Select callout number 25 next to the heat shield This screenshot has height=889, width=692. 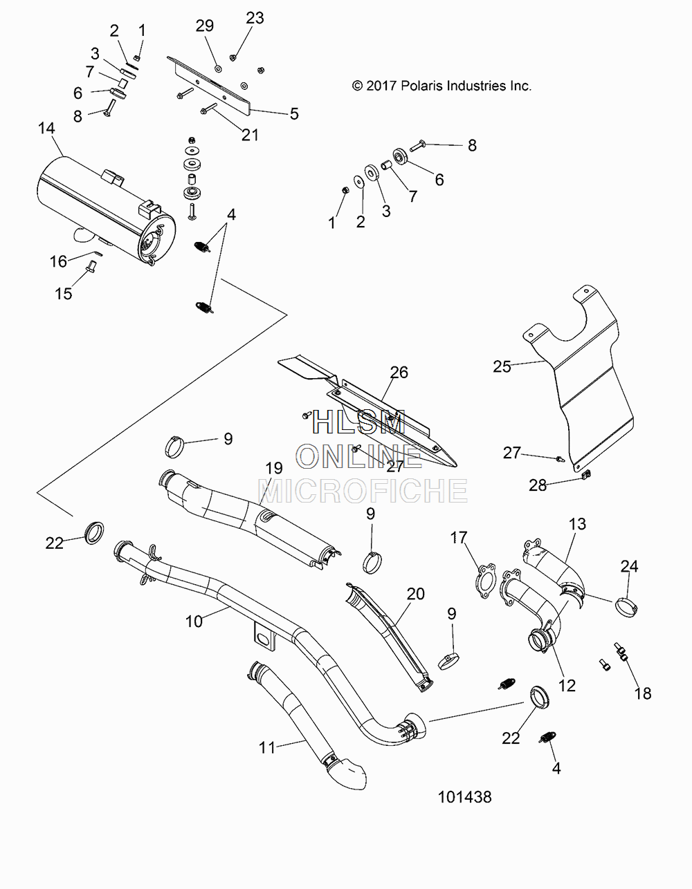(502, 366)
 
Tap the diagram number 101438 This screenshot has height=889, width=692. (465, 797)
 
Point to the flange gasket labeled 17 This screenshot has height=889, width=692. (485, 581)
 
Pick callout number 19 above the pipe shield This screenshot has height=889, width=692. (274, 467)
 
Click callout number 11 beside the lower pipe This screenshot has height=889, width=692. (267, 748)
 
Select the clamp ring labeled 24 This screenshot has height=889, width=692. (626, 608)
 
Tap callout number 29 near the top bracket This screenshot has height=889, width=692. (205, 26)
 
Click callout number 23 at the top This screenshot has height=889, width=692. (255, 18)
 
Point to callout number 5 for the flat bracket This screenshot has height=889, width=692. (294, 114)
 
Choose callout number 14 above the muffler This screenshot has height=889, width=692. (46, 128)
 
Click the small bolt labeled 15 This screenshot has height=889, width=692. (91, 268)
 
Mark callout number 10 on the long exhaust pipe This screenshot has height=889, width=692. (194, 622)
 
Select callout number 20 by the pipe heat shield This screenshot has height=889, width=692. (416, 594)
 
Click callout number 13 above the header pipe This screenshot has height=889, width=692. (577, 524)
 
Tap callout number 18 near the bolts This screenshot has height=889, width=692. (643, 693)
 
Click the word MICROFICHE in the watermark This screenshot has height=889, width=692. (363, 491)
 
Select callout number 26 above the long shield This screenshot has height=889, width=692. (399, 373)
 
